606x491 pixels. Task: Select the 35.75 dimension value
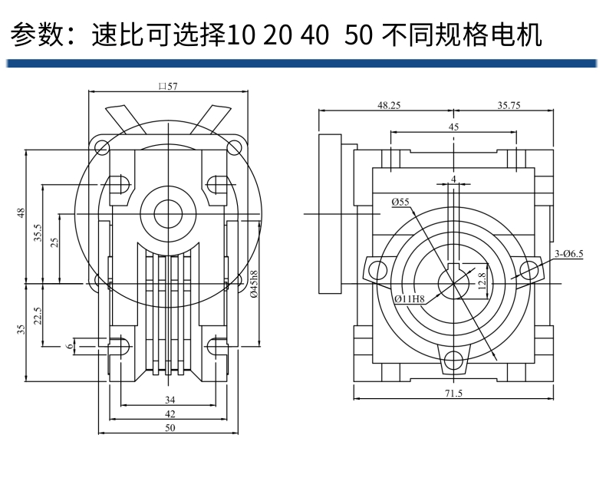pos(509,106)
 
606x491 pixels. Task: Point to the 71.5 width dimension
pos(454,392)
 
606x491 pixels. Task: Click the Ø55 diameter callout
pos(400,202)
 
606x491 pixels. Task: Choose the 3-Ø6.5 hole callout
pos(569,253)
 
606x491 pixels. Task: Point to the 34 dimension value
pos(170,400)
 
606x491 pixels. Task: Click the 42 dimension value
pos(170,414)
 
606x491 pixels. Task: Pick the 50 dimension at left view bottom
pos(170,428)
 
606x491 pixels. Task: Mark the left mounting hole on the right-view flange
pos(377,269)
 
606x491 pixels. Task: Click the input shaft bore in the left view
pos(168,213)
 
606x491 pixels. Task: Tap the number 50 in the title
pos(357,35)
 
